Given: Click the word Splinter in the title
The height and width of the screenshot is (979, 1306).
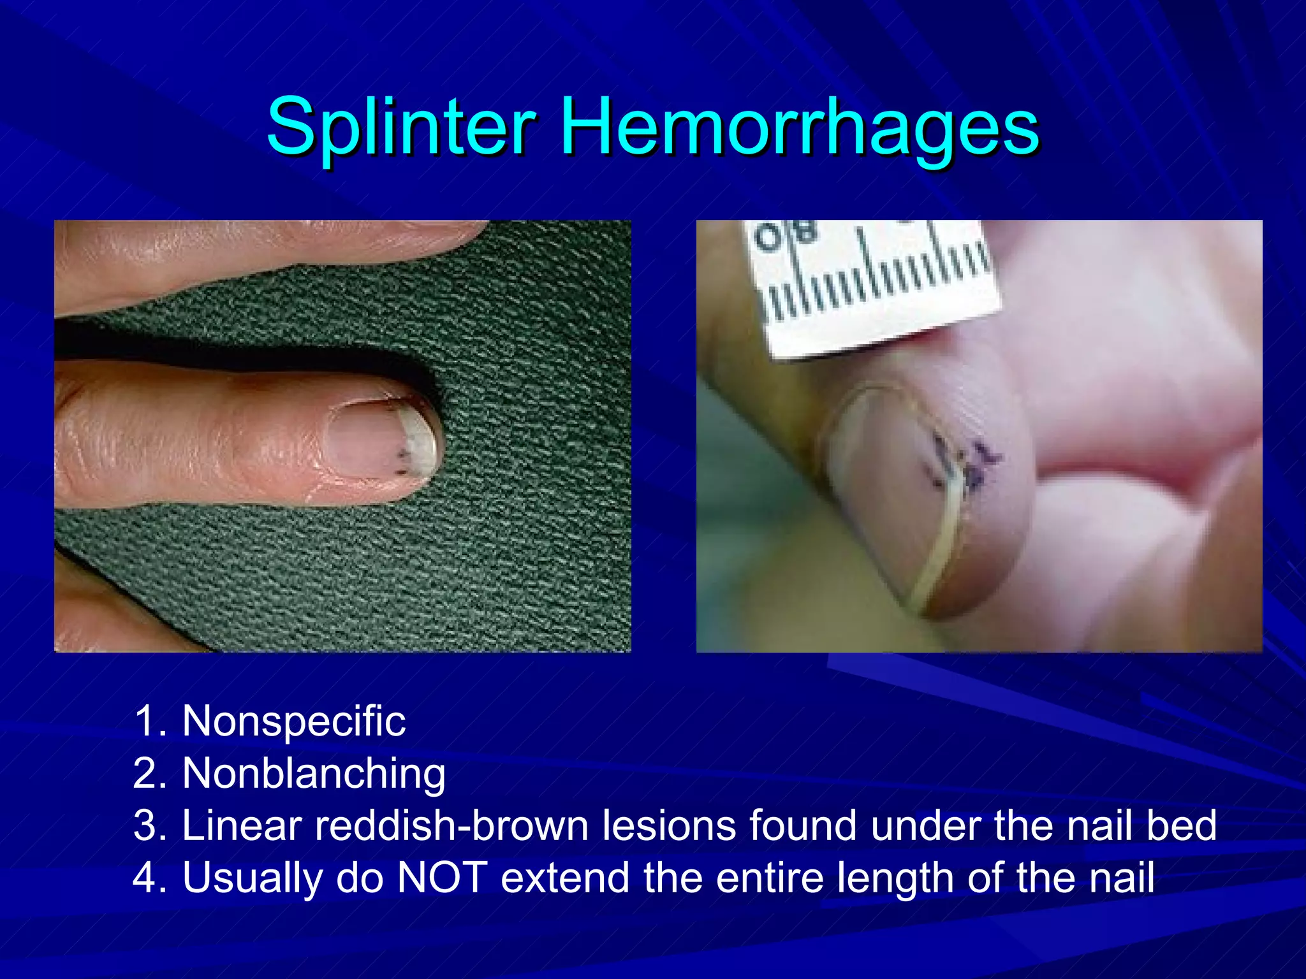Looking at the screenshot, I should click(401, 127).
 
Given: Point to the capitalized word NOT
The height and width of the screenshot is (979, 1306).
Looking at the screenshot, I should click(442, 878).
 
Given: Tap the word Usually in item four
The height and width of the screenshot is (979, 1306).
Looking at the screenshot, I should click(253, 879).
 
